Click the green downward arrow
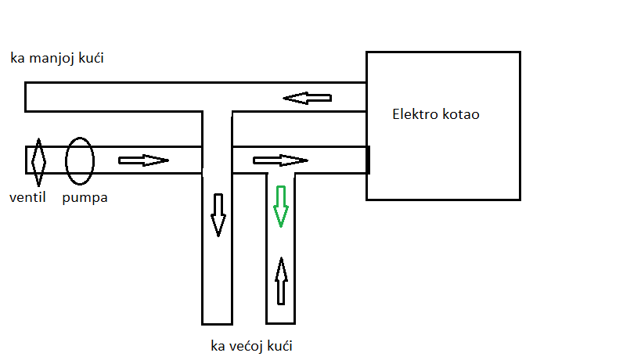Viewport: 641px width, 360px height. tap(280, 206)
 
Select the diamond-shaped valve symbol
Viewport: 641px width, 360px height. tap(38, 160)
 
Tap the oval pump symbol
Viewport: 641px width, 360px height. tap(80, 160)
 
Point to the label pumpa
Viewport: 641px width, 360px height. tap(86, 198)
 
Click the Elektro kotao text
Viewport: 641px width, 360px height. tap(435, 114)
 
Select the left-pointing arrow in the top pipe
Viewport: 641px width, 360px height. tap(307, 98)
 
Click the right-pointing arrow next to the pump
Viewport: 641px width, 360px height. tap(143, 160)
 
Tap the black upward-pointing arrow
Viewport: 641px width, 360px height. tap(280, 280)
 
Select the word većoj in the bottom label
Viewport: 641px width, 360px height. tap(249, 345)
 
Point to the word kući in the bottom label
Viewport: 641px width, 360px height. tap(283, 345)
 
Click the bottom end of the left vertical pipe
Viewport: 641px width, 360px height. tap(218, 322)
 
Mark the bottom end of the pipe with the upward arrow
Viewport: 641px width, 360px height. tap(280, 322)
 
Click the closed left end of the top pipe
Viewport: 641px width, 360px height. tap(27, 96)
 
